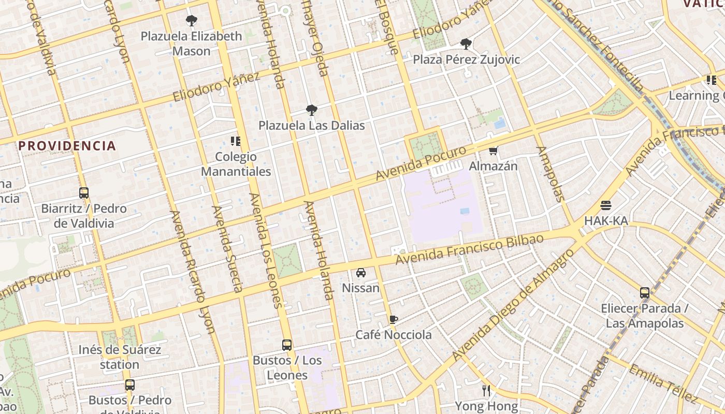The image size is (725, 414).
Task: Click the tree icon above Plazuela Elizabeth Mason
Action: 192,21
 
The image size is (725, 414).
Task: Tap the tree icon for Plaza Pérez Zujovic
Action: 466,44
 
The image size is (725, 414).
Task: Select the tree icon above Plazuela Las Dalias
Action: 311,110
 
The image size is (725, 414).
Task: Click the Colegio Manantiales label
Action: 236,164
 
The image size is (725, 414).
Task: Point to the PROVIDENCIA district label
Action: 67,146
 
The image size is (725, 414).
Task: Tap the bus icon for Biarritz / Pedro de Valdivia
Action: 84,193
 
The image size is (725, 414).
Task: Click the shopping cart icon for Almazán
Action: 494,151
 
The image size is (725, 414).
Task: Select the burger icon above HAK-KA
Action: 606,205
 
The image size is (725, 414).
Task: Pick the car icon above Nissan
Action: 361,273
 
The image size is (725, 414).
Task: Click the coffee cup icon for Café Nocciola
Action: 394,319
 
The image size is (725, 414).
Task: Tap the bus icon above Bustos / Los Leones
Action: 287,345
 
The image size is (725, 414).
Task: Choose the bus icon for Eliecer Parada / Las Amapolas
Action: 645,293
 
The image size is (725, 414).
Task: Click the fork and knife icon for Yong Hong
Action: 486,391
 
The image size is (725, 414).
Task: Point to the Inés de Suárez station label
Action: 120,357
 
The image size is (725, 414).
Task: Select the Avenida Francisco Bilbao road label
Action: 469,249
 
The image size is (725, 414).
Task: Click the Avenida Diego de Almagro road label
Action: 513,305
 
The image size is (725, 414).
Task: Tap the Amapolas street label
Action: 549,174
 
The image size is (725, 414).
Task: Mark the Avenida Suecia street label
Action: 227,249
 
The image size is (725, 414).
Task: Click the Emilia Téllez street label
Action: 662,383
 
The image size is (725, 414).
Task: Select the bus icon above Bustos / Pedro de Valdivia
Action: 130,385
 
